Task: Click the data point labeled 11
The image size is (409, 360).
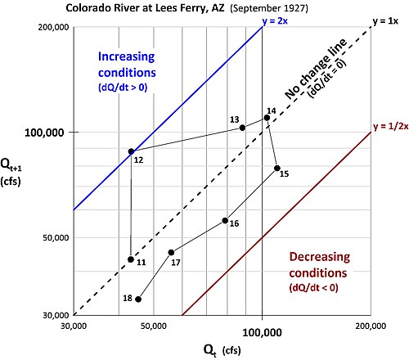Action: click(131, 259)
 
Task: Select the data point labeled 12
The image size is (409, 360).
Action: click(131, 151)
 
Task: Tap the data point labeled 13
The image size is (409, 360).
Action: click(242, 128)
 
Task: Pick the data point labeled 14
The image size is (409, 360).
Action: click(267, 118)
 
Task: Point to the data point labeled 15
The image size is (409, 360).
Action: click(277, 168)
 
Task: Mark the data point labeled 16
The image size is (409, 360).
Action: click(225, 220)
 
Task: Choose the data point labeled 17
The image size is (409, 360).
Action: click(171, 253)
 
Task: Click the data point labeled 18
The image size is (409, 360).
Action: click(138, 299)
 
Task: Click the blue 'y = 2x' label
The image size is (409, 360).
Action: click(275, 21)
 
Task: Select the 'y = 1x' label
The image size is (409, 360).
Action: click(385, 21)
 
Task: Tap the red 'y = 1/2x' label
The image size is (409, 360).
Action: click(391, 127)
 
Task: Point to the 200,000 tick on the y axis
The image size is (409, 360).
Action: click(53, 27)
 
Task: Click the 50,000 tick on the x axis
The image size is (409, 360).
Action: click(154, 326)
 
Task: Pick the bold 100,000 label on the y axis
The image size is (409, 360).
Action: click(44, 133)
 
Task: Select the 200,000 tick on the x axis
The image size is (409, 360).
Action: click(371, 326)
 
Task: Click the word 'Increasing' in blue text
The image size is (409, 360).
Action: click(127, 56)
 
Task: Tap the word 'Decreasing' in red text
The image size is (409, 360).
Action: click(320, 257)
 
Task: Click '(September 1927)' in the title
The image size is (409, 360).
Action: click(269, 8)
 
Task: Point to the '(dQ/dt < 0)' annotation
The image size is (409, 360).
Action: click(313, 287)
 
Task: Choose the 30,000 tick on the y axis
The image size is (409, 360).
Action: click(56, 315)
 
